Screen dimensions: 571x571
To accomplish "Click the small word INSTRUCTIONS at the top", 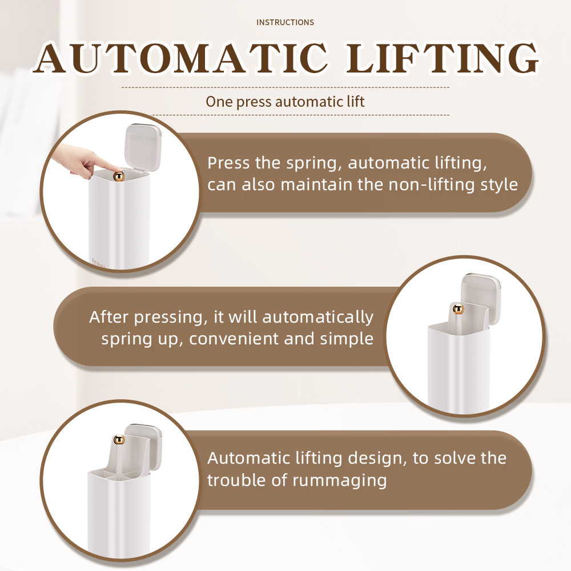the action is coord(285,22).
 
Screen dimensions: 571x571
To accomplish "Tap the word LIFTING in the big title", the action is coord(441,58).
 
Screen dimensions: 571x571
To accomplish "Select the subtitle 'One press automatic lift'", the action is coord(285,102).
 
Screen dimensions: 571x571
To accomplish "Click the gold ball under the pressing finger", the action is coord(119,176).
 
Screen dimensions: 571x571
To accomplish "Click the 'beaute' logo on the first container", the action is coord(98,263).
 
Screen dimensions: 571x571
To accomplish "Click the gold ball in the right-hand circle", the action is coord(459,310).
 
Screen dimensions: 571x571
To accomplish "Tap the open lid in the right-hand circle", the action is coord(481,297).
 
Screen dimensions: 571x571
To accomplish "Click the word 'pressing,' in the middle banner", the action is coord(168,317).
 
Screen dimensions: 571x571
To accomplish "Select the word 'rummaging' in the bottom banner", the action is coord(339,481).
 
